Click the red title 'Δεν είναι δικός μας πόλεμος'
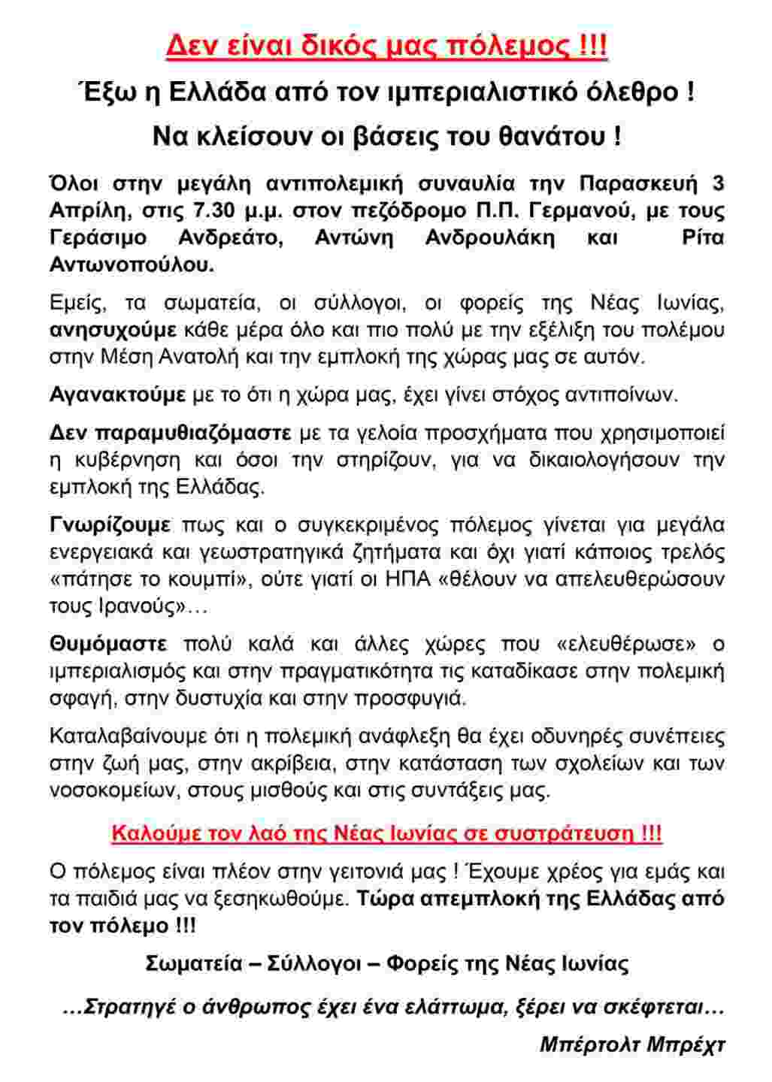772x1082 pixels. pos(386,47)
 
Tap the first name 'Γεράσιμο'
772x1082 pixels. pos(98,237)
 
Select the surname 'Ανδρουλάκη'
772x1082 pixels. pos(490,237)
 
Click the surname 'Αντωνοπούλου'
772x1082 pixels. pos(132,264)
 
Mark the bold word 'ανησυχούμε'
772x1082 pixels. pos(113,330)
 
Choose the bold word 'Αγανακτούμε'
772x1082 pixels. pos(117,394)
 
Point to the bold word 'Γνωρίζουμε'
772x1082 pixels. pos(110,524)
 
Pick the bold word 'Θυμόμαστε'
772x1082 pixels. pos(108,644)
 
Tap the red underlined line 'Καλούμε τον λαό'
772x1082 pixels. pos(386,833)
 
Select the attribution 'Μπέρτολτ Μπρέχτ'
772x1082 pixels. pos(632,1044)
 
